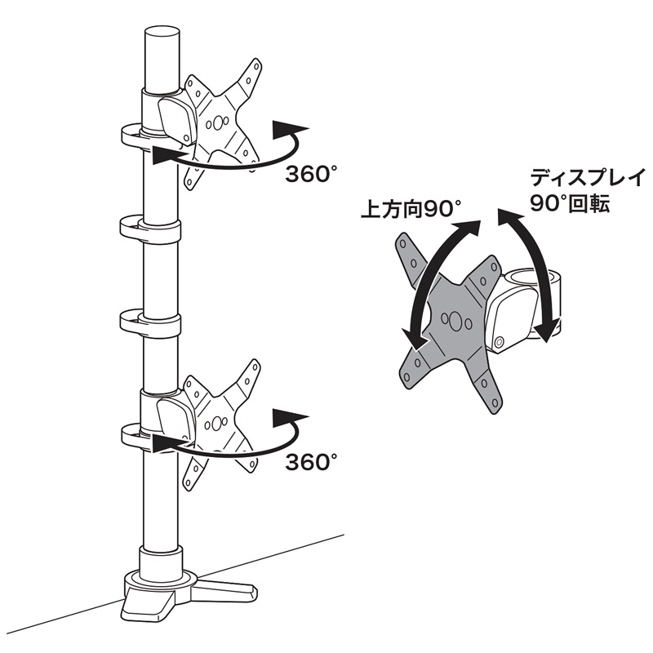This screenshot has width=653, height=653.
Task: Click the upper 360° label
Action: [310, 175]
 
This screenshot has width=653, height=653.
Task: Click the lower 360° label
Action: [310, 463]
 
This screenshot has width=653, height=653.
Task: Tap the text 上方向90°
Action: [411, 209]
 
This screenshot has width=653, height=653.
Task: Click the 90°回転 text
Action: [570, 204]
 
